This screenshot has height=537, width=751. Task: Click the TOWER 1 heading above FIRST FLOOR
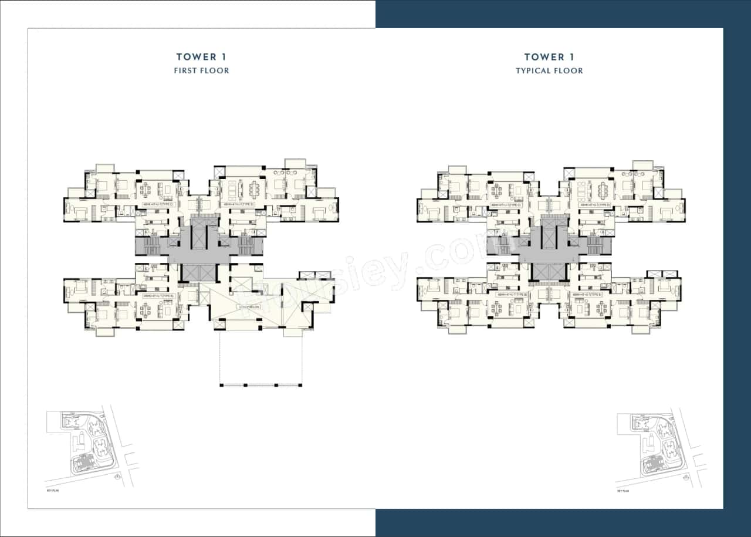[x=201, y=57]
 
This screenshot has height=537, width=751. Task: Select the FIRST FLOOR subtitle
[x=201, y=70]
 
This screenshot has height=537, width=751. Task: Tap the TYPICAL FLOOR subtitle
[x=549, y=70]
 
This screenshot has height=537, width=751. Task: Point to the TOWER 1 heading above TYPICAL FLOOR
[x=549, y=57]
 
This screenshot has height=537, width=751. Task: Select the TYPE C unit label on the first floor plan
[x=160, y=204]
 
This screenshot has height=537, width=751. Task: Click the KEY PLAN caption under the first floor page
[x=52, y=489]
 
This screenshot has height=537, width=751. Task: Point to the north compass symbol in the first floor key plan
[x=119, y=477]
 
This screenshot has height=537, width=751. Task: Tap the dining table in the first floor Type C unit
[x=146, y=189]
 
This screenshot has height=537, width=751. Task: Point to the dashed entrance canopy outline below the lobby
[x=261, y=358]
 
